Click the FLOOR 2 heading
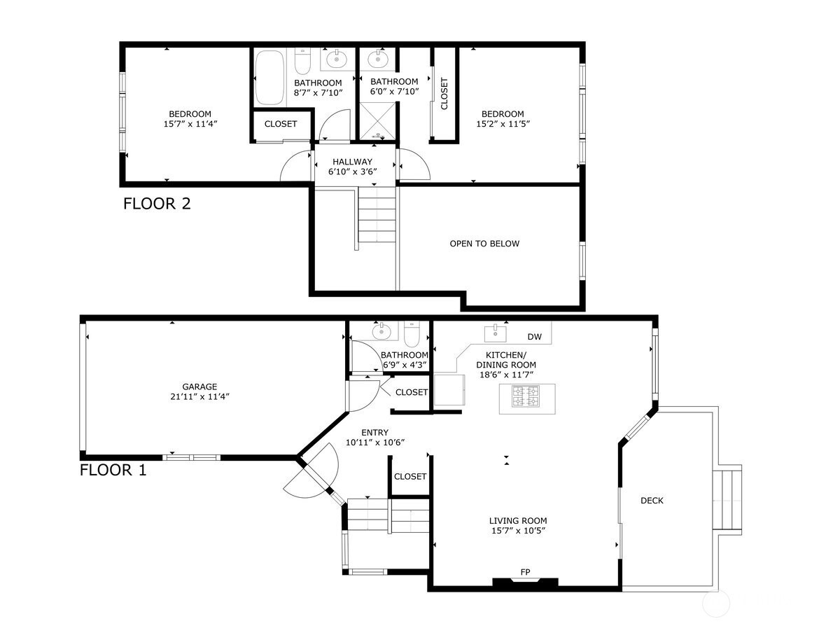coord(157,204)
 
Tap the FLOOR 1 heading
coord(113,471)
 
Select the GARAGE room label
coord(199,387)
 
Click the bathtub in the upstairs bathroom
coord(269,78)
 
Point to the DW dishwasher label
coord(534,337)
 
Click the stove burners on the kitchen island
coord(525,396)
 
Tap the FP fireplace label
coord(525,572)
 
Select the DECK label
coord(652,501)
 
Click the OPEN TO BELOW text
coord(484,244)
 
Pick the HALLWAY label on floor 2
coord(352,162)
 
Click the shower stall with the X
coord(377,120)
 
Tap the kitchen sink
coord(496,333)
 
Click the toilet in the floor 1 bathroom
coord(412,334)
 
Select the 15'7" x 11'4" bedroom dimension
coord(190,124)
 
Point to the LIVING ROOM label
coord(518,521)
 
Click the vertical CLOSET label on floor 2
coord(444,94)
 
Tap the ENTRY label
coord(374,432)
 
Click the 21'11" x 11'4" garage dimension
coord(199,397)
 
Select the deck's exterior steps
coord(727,500)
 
